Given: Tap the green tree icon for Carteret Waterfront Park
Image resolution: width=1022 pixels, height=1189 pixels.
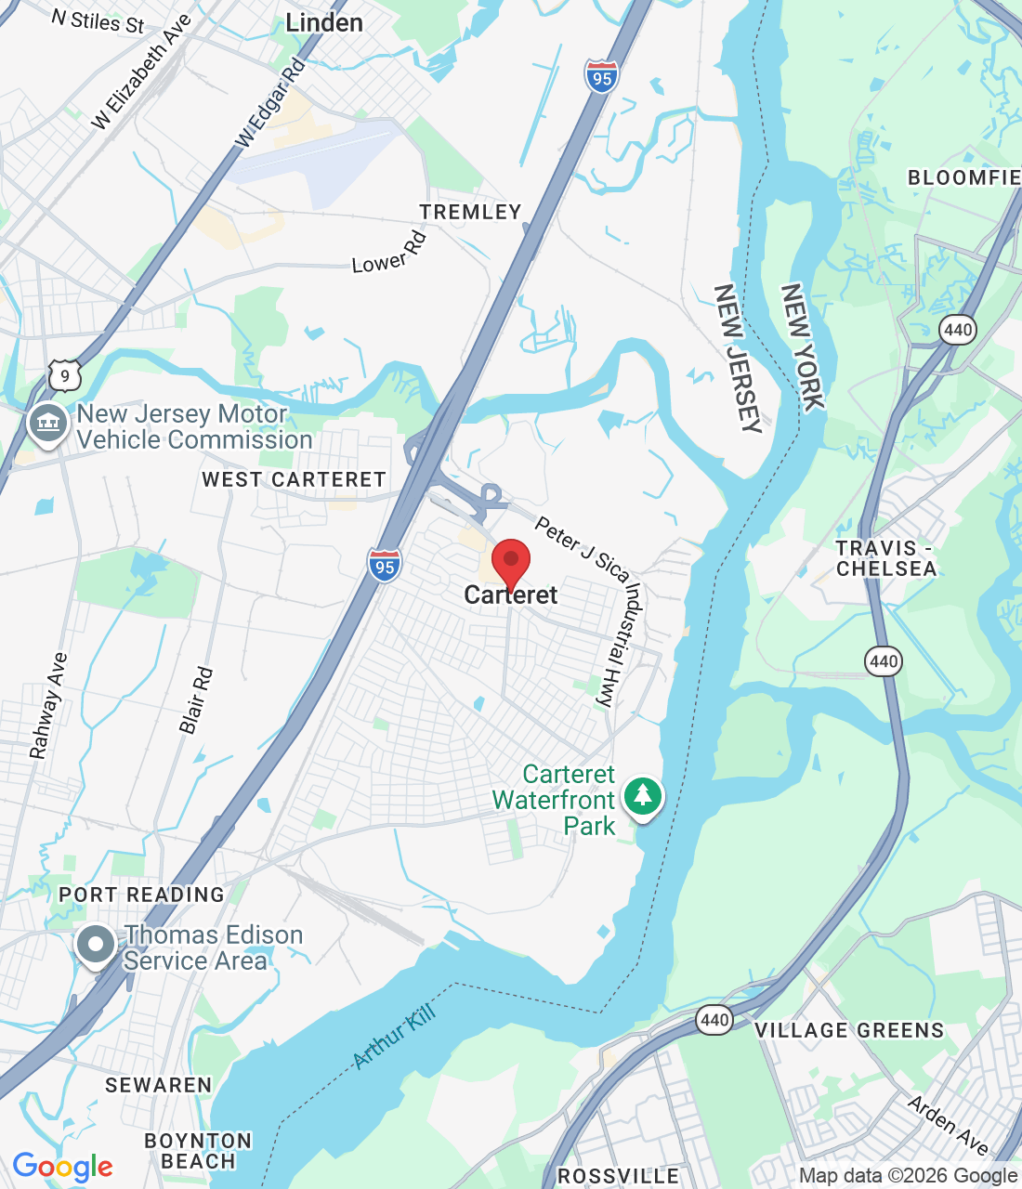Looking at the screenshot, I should [642, 796].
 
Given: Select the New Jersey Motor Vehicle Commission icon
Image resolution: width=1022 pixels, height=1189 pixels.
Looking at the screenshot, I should [47, 424].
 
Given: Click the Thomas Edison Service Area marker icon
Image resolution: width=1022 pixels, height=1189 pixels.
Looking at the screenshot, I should [95, 946].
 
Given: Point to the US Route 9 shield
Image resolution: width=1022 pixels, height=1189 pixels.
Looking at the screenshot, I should [64, 376].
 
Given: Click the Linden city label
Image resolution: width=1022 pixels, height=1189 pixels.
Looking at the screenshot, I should [324, 23].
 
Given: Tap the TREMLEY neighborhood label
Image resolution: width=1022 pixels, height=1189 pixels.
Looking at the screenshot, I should [470, 213].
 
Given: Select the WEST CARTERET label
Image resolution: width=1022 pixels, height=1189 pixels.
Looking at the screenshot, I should [294, 480].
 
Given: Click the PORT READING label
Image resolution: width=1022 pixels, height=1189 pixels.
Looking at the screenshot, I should [141, 895].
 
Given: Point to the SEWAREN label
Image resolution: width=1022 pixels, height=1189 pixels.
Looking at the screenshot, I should [159, 1085].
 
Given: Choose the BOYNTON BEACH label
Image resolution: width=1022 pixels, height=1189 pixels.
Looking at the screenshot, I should [198, 1151].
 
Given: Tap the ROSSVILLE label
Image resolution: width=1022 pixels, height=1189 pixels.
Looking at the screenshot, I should [618, 1177].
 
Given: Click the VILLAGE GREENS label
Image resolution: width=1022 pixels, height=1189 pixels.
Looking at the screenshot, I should [849, 1030].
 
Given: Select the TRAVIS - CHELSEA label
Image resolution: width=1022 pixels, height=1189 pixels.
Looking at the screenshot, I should [885, 558].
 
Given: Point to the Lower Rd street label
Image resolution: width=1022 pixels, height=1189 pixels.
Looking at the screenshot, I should [389, 254].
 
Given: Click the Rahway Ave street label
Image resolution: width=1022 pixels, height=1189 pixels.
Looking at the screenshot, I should [48, 706].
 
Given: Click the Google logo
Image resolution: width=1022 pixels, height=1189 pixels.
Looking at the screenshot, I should [63, 1167].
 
